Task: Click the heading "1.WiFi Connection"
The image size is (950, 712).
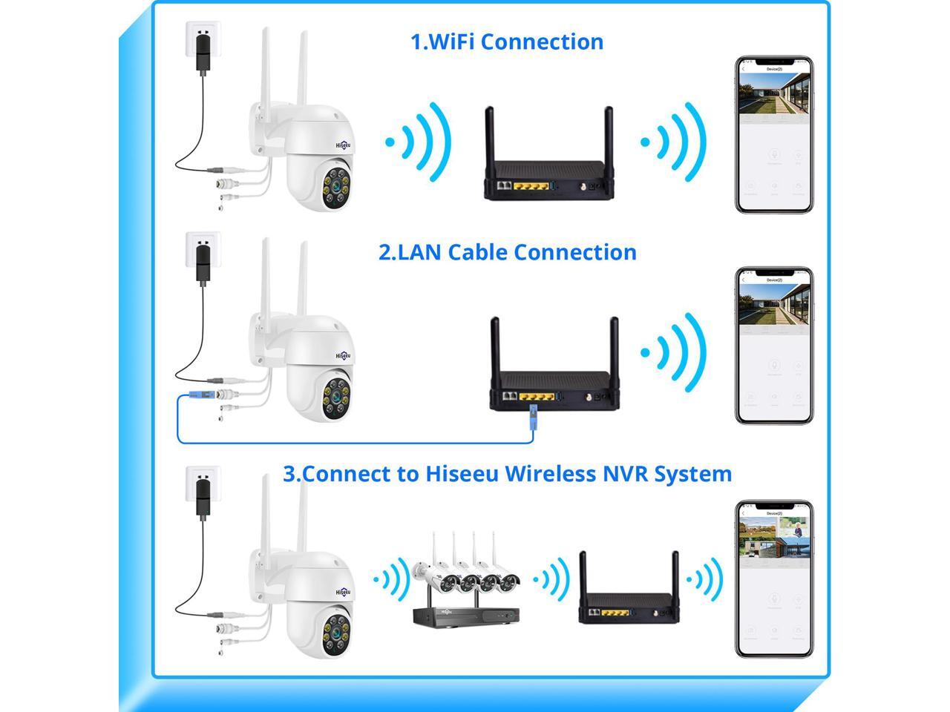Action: click(507, 42)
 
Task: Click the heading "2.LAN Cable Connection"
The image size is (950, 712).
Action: click(507, 252)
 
